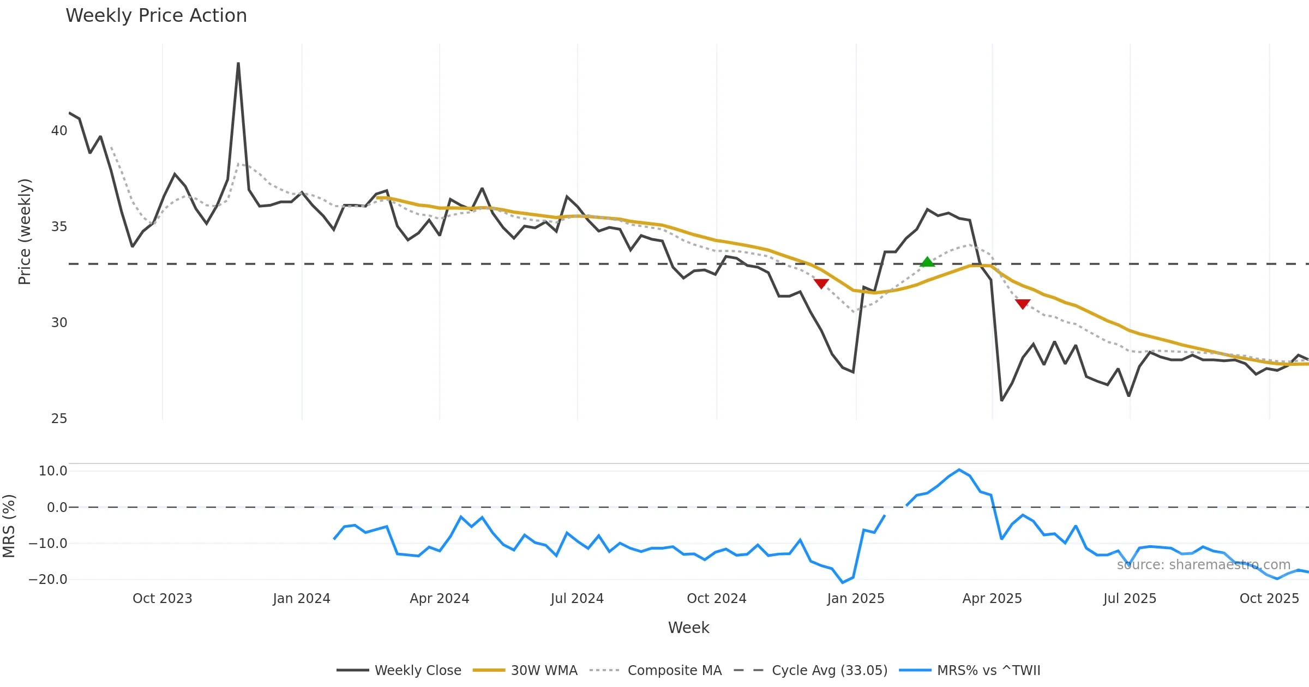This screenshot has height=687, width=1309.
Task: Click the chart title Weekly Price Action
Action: click(156, 16)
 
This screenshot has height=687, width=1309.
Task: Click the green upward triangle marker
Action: click(927, 262)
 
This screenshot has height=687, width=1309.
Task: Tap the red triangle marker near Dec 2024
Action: click(821, 284)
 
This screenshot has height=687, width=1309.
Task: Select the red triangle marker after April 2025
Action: click(1023, 304)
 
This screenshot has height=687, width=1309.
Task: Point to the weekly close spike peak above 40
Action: click(238, 64)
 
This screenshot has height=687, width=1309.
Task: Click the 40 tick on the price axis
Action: click(59, 131)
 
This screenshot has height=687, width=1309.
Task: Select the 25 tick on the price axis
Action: click(59, 419)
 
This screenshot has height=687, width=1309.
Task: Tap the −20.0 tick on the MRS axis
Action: click(48, 579)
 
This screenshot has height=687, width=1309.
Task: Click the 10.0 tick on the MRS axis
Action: click(52, 471)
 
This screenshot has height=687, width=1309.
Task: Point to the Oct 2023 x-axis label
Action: click(163, 599)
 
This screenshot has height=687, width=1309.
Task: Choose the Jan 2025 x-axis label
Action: click(855, 599)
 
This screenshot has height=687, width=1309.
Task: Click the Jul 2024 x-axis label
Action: click(577, 599)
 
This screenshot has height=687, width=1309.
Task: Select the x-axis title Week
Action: click(688, 628)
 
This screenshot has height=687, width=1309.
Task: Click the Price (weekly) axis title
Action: click(25, 232)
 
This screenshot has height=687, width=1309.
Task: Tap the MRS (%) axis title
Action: click(9, 526)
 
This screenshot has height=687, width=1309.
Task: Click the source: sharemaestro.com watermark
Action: click(1203, 565)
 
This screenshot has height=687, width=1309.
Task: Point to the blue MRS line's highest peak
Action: click(959, 470)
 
